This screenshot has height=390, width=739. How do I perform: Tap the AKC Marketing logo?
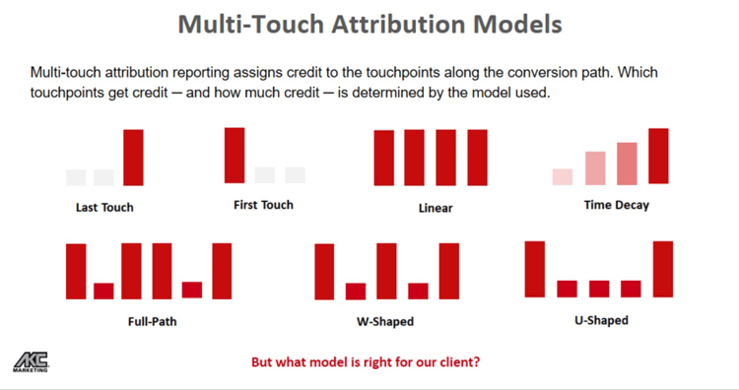[x=31, y=361]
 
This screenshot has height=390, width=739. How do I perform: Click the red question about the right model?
[x=366, y=361]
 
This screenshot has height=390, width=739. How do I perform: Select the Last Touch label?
[x=104, y=208]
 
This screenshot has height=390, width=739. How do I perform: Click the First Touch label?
[x=263, y=205]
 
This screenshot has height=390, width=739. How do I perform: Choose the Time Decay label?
[x=616, y=206]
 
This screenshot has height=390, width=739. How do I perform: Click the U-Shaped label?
[x=600, y=320]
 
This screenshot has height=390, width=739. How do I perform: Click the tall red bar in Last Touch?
[x=133, y=158]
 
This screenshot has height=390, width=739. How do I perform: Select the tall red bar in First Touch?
[x=235, y=155]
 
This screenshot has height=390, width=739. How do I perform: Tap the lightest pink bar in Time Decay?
[x=563, y=177]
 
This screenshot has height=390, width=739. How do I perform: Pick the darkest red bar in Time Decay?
[x=658, y=156]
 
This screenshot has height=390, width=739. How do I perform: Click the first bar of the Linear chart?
[x=383, y=158]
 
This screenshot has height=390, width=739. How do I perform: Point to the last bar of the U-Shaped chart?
[x=662, y=269]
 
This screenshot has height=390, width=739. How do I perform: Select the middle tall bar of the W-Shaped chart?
[x=386, y=271]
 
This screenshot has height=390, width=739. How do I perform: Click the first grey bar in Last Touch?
[x=76, y=177]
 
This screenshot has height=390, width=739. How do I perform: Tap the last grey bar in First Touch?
[x=296, y=175]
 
